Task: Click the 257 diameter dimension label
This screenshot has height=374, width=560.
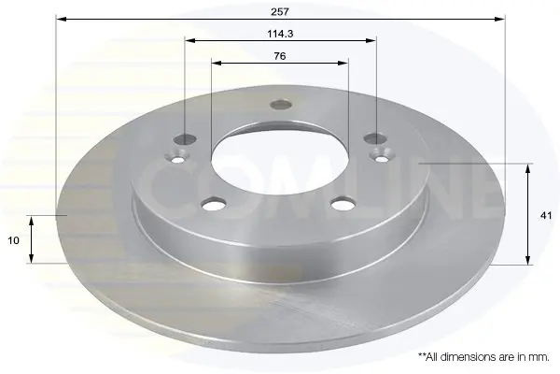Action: (x=280, y=12)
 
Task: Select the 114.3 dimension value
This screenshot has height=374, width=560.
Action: (x=280, y=34)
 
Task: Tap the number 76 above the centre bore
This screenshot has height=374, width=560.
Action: (x=280, y=56)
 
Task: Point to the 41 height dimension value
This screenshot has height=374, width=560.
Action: (x=546, y=215)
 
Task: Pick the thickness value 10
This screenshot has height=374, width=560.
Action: (x=13, y=240)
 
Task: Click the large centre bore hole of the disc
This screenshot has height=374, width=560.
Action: (x=280, y=162)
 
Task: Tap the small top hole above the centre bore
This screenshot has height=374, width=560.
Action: (x=281, y=105)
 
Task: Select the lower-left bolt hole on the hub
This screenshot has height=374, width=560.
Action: (x=214, y=204)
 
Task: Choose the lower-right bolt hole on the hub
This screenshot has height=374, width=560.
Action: (x=343, y=204)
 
